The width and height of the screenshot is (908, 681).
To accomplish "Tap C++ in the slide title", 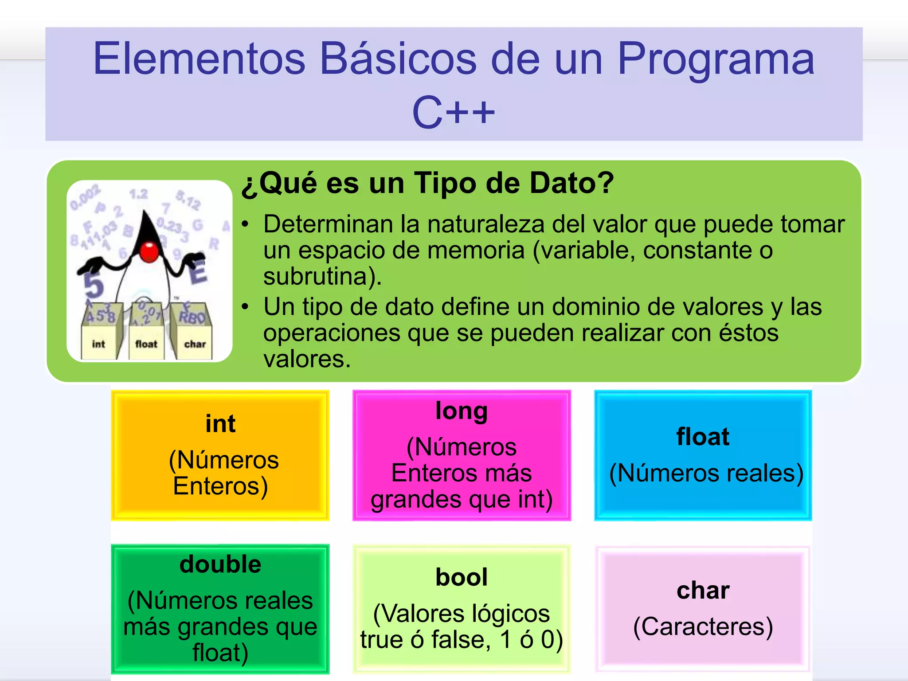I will pos(453,113).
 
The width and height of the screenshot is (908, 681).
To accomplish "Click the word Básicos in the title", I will pos(398,59).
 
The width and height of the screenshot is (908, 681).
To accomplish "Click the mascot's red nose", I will pos(149,251).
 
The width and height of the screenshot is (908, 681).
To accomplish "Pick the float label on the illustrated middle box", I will pos(146,344).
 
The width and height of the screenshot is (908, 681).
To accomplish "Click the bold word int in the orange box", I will pos(220,423).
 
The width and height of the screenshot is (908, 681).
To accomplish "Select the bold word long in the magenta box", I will pos(462,411).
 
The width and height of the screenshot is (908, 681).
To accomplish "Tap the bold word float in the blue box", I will pos(703,437).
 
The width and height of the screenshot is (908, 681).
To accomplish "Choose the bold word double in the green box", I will pos(220,564).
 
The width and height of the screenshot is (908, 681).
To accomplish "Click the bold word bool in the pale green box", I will pos(462,577).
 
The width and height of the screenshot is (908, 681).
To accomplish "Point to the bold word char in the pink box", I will pos(703,591).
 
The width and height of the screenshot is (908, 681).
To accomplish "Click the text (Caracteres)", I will pos(703,626).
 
